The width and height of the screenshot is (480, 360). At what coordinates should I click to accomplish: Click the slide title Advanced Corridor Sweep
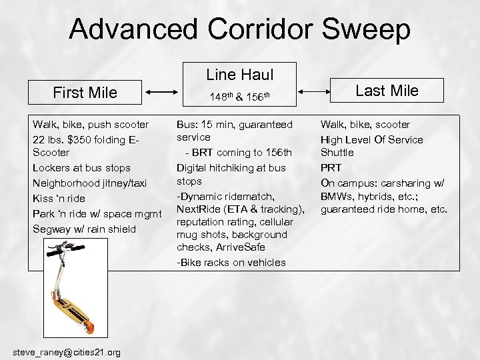[239, 29]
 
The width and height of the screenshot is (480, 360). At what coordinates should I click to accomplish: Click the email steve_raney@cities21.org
[67, 351]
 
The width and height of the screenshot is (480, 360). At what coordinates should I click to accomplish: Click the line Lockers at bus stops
[81, 167]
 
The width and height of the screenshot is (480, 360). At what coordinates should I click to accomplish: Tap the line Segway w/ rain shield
[83, 229]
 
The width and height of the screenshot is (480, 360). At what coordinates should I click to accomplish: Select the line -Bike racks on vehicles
[231, 263]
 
